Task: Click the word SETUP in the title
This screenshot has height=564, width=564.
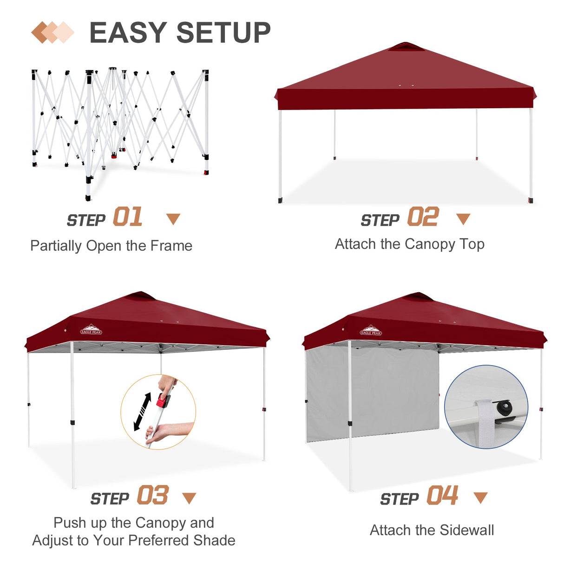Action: (x=223, y=33)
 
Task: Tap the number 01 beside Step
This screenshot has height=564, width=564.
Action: (x=128, y=217)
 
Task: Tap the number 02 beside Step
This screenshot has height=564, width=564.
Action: (x=423, y=217)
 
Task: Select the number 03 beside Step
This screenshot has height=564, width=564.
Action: (x=153, y=495)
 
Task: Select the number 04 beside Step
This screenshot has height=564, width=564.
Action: (x=443, y=495)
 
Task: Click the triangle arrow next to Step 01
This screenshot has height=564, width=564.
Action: (x=173, y=219)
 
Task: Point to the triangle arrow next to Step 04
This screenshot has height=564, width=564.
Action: (x=480, y=498)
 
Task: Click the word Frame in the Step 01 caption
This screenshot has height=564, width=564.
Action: (x=171, y=246)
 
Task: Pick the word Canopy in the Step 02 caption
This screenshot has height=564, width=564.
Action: (x=430, y=244)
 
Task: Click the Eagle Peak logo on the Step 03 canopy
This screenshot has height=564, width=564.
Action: (x=91, y=330)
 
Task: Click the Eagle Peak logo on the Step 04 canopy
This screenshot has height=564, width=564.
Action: (x=371, y=331)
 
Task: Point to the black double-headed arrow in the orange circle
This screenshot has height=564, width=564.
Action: (x=143, y=412)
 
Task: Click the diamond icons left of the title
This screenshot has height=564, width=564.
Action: (x=52, y=33)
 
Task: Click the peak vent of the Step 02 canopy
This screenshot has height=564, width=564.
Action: (x=406, y=46)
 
